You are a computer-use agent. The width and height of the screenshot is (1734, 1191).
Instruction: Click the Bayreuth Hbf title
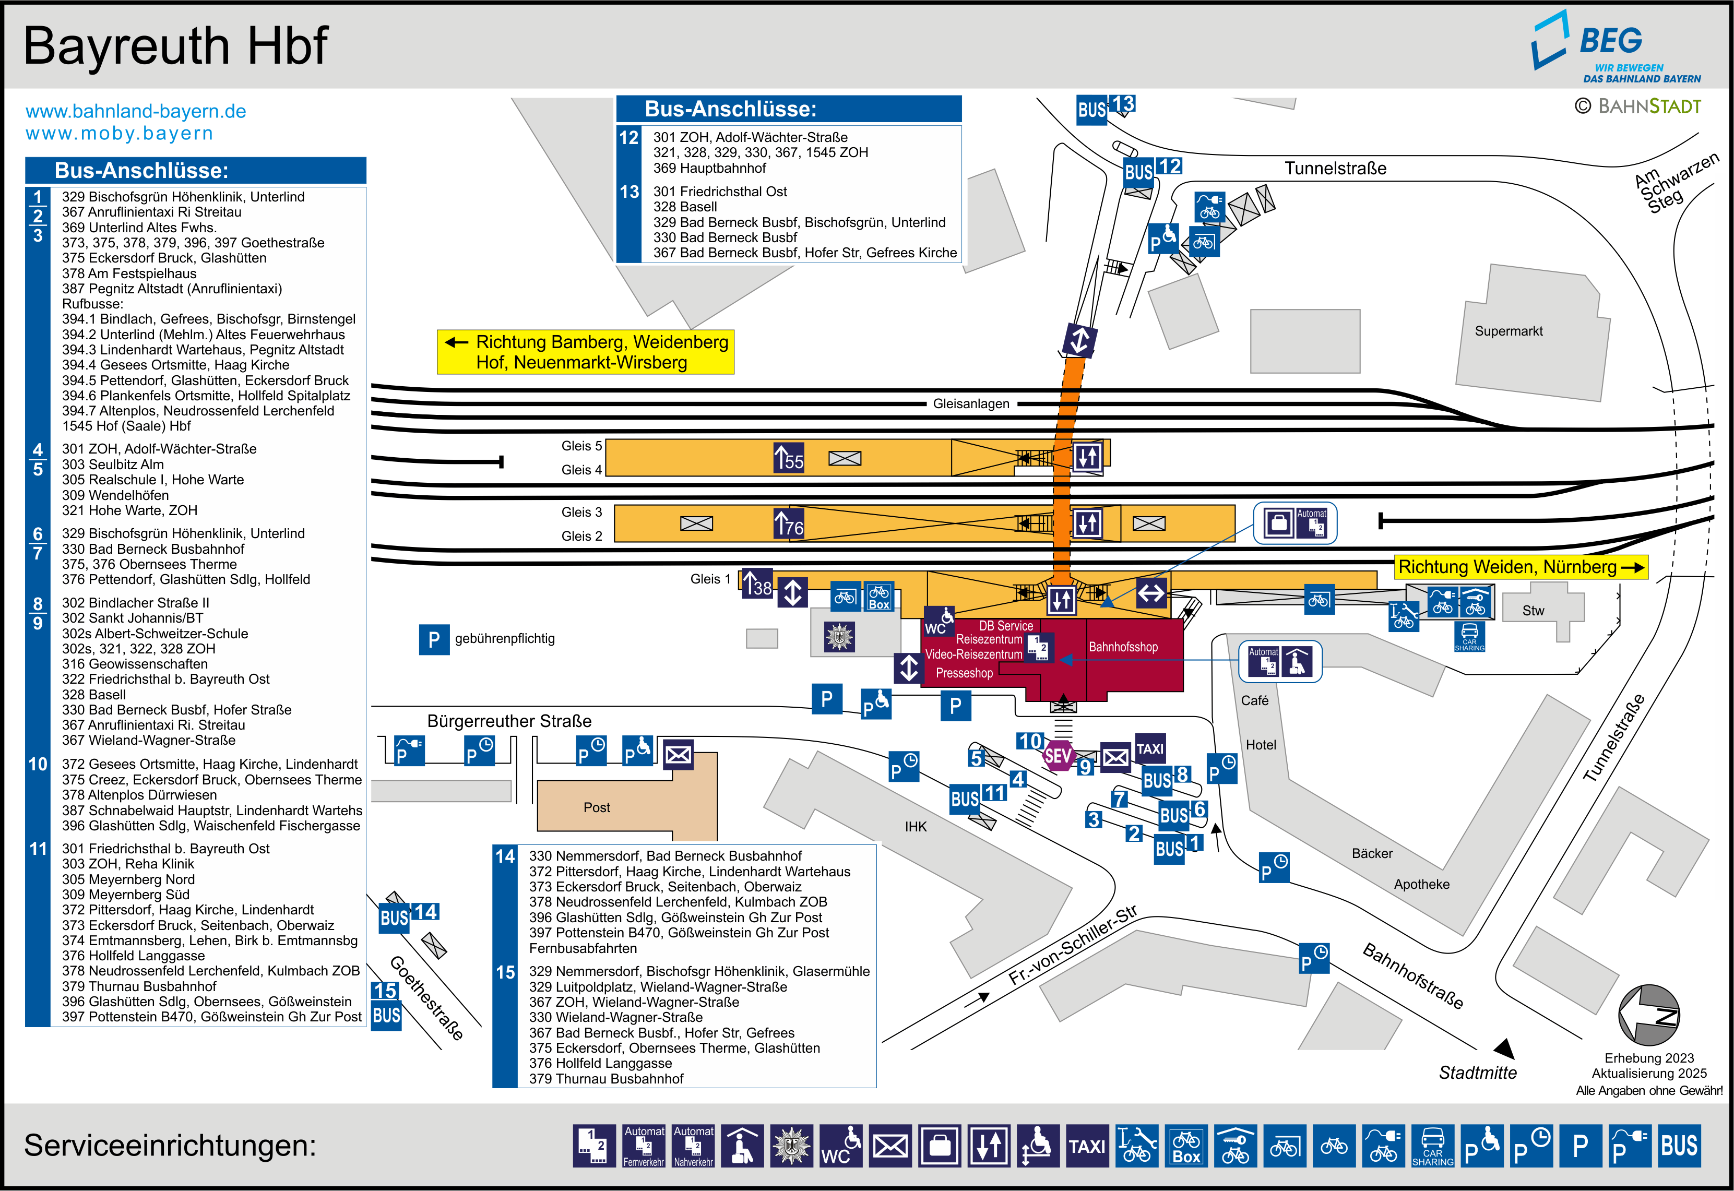[x=175, y=46]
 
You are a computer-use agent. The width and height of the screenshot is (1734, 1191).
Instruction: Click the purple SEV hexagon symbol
[x=1058, y=756]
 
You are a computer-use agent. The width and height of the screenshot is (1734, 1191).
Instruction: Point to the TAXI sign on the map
[x=1150, y=748]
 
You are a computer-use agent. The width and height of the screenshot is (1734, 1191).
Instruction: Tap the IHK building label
[x=916, y=827]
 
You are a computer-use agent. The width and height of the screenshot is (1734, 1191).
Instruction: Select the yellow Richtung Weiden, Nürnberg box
[x=1521, y=567]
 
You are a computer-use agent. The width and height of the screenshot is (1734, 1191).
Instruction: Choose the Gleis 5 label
[x=581, y=446]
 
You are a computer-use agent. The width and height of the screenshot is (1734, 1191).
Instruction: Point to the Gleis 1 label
[x=710, y=579]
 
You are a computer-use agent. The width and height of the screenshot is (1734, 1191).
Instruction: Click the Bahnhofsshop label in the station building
[x=1123, y=647]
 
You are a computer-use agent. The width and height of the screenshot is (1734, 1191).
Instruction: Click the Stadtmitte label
[x=1477, y=1073]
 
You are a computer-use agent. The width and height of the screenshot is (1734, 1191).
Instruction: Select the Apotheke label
[x=1421, y=884]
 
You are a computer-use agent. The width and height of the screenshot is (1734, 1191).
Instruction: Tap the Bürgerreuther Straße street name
[x=509, y=721]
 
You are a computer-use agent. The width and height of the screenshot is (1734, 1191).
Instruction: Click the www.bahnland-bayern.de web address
[x=136, y=111]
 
